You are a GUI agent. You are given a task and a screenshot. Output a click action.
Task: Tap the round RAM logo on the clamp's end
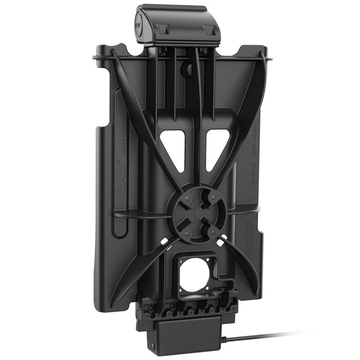click(140, 23)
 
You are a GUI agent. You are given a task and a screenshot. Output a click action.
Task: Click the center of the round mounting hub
click(194, 211)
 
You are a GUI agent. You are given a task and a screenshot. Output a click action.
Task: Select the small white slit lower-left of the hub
click(165, 241)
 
